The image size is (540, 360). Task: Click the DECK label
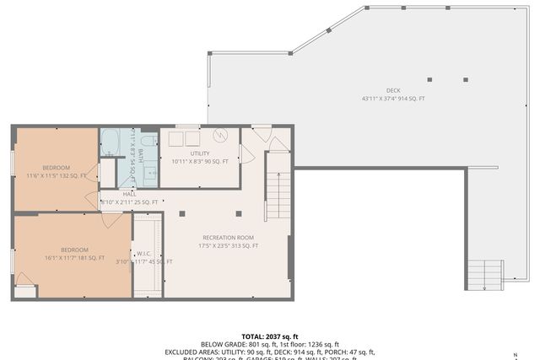coord(393,90)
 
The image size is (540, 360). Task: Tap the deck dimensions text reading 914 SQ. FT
coord(393,99)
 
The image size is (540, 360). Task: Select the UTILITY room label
coord(199,153)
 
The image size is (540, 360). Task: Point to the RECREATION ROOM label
coord(228,237)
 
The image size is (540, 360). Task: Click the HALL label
coord(129,194)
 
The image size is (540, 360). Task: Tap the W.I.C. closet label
coord(144,253)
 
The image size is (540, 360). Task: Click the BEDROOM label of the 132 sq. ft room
coord(57,167)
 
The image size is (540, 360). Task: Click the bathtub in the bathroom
coord(111,141)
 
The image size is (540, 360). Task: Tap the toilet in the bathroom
coord(148,142)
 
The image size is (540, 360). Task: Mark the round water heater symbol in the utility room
coord(221,136)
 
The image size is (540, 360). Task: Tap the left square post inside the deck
coord(429,80)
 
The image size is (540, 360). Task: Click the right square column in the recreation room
coord(240,213)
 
